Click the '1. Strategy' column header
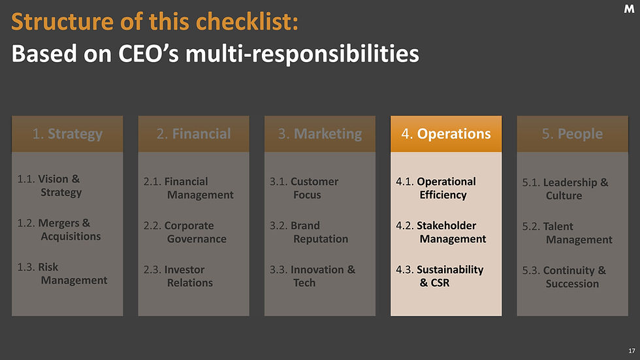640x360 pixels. pyautogui.click(x=67, y=134)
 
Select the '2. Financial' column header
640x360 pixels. pyautogui.click(x=193, y=134)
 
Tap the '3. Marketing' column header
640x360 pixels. pyautogui.click(x=319, y=134)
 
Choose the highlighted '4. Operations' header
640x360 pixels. pyautogui.click(x=446, y=134)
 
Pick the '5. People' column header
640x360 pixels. pyautogui.click(x=572, y=134)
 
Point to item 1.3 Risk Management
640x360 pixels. pyautogui.click(x=63, y=274)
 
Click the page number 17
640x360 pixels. pyautogui.click(x=631, y=352)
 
